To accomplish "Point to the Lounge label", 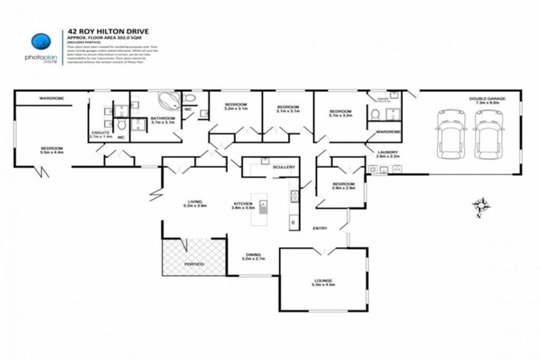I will pos(323,282).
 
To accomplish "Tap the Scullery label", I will pos(284,167).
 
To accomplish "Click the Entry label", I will pos(320,228).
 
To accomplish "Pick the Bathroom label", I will pos(164,120).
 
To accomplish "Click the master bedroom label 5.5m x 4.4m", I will pos(53,150).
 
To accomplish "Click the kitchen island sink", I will pos(262,207).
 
